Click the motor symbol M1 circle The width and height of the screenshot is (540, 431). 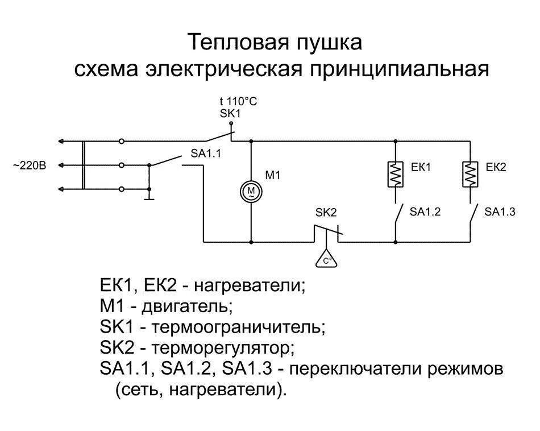251,191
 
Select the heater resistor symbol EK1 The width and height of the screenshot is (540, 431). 396,174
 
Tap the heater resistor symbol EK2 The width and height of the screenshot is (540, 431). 470,174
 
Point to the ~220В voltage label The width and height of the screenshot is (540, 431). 29,165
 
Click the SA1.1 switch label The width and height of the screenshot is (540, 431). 206,154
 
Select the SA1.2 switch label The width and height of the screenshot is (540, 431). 425,212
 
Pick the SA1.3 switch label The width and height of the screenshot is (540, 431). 500,212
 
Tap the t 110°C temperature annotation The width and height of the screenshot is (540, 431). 239,101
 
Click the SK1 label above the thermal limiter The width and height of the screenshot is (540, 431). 231,114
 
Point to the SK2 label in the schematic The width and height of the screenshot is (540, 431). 326,212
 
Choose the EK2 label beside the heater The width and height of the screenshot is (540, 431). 496,167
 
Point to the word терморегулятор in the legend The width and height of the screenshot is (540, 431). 225,348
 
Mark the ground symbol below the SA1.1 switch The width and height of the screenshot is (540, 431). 149,198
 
